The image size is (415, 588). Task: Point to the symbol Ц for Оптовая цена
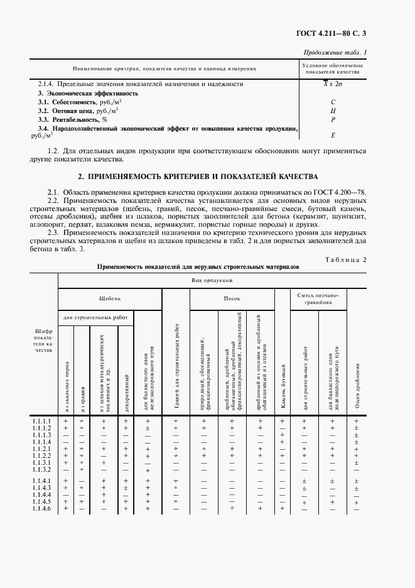(x=333, y=110)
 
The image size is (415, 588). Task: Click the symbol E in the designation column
(x=333, y=135)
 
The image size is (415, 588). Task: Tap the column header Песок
(x=232, y=299)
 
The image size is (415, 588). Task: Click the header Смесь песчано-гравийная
(x=318, y=298)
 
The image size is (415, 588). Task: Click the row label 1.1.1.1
(x=42, y=420)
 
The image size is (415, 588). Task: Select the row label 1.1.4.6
(x=42, y=508)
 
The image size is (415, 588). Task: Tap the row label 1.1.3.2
(x=42, y=469)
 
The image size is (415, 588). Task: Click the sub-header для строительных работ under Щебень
(x=97, y=318)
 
